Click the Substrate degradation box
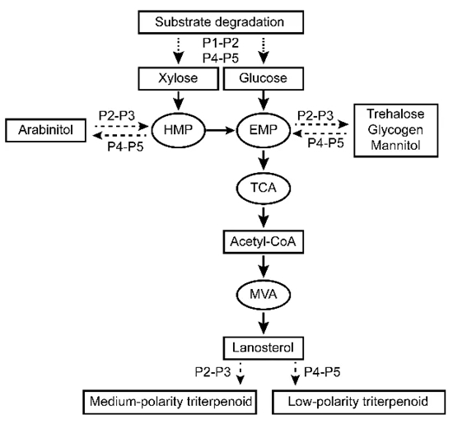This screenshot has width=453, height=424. tap(221, 22)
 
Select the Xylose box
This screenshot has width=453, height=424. tap(178, 78)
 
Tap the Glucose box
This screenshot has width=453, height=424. tap(264, 78)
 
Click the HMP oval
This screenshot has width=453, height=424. tap(178, 130)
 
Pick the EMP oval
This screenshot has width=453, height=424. tap(264, 130)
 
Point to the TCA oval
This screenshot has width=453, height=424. tap(264, 188)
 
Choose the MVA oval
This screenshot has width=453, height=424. tap(264, 294)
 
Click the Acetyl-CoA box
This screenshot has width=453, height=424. tap(264, 242)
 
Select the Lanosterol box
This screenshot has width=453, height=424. tap(264, 347)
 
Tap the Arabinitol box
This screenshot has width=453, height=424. tap(45, 130)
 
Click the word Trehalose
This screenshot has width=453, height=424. tap(395, 114)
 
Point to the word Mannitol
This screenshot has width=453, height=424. tap(395, 145)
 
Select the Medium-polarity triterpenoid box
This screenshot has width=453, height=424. tap(170, 402)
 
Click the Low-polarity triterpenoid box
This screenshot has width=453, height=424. tap(358, 402)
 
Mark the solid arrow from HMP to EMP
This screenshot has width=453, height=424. tap(221, 130)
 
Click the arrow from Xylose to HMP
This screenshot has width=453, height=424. tap(178, 100)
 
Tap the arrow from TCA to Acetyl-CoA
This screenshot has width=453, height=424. tap(264, 217)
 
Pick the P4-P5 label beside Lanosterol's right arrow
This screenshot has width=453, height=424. tap(322, 372)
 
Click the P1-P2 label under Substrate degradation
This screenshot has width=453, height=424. tap(221, 43)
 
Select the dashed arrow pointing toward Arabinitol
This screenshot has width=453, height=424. tap(120, 135)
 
